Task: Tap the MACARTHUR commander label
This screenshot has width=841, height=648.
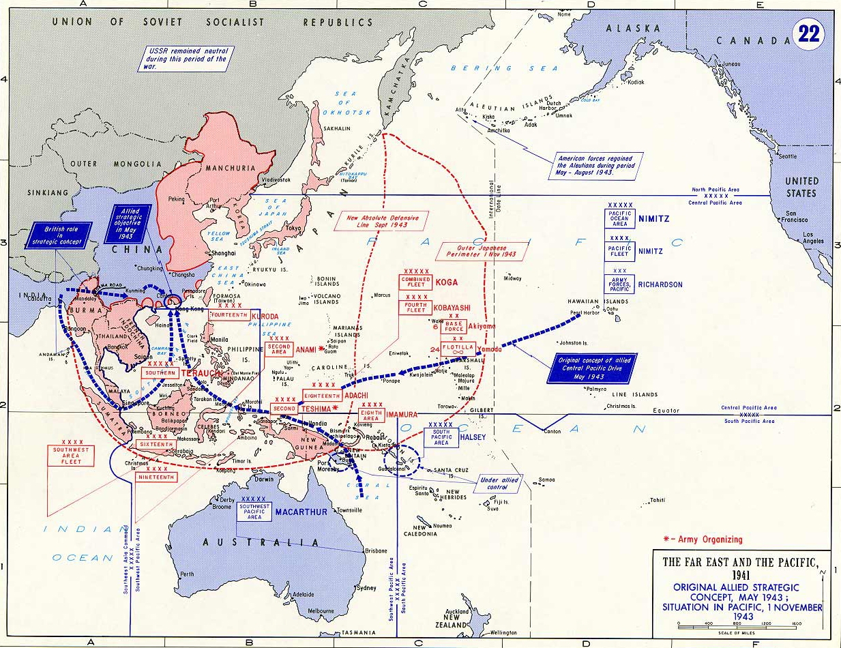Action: click(x=302, y=512)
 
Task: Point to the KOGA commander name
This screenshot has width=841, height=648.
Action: click(x=447, y=282)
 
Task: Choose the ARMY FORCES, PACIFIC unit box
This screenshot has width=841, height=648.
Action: click(x=619, y=284)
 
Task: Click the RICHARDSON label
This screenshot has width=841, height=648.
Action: click(x=660, y=284)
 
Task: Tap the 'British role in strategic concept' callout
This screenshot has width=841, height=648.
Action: click(x=60, y=235)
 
